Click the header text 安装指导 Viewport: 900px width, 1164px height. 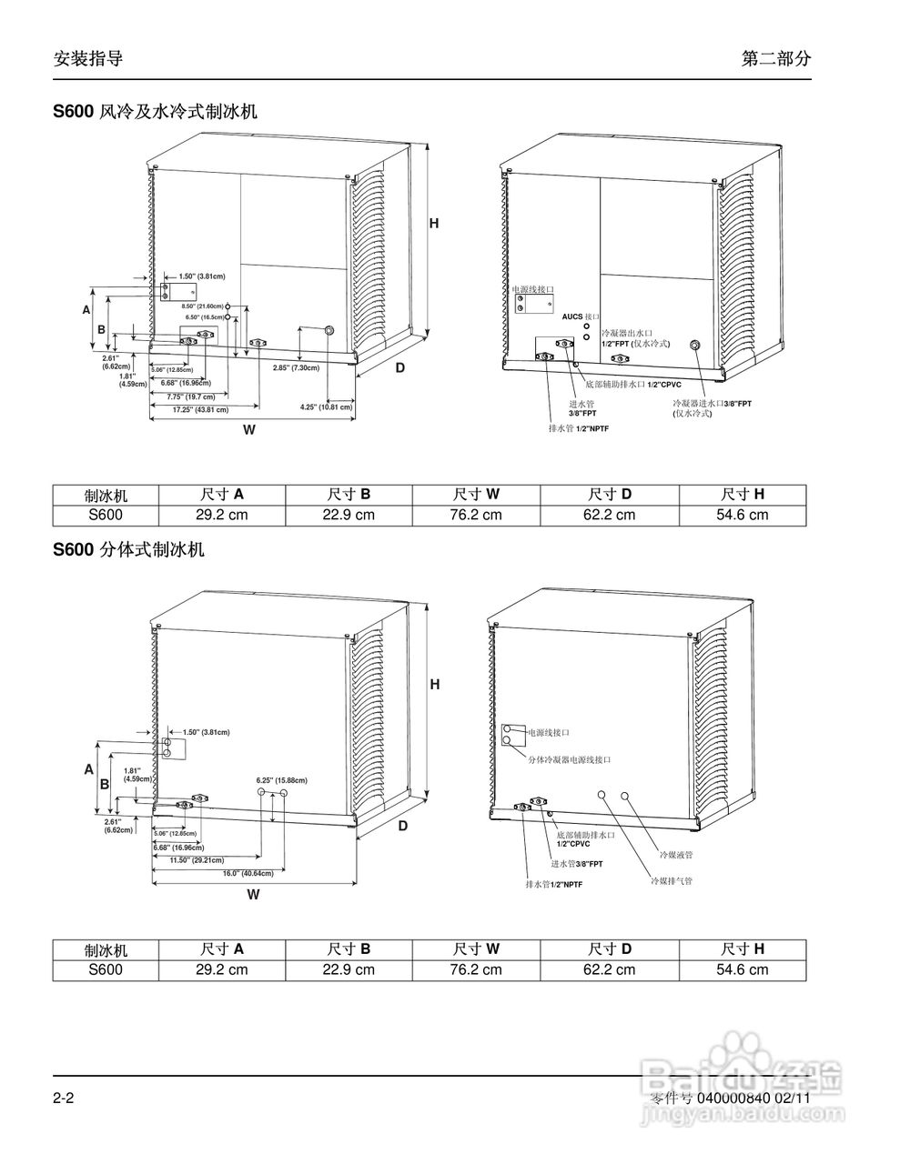pyautogui.click(x=88, y=59)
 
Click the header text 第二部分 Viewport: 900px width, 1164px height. pyautogui.click(x=775, y=59)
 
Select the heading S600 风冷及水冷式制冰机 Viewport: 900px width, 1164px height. pyautogui.click(x=156, y=112)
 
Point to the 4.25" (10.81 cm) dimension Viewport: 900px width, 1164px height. pyautogui.click(x=326, y=406)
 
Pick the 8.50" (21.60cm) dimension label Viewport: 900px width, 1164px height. pyautogui.click(x=202, y=306)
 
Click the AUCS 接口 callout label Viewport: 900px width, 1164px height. pyautogui.click(x=581, y=316)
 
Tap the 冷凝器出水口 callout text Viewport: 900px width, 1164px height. pyautogui.click(x=627, y=335)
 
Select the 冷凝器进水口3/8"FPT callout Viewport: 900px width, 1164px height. pyautogui.click(x=712, y=403)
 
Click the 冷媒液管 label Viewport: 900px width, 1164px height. pyautogui.click(x=676, y=855)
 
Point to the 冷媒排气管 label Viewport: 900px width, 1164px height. pyautogui.click(x=671, y=881)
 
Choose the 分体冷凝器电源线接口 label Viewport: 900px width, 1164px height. pyautogui.click(x=570, y=758)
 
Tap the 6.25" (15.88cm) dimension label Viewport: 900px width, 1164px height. pyautogui.click(x=281, y=780)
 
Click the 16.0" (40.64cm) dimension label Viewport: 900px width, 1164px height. pyautogui.click(x=248, y=873)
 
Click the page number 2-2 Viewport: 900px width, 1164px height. pyautogui.click(x=63, y=1099)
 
